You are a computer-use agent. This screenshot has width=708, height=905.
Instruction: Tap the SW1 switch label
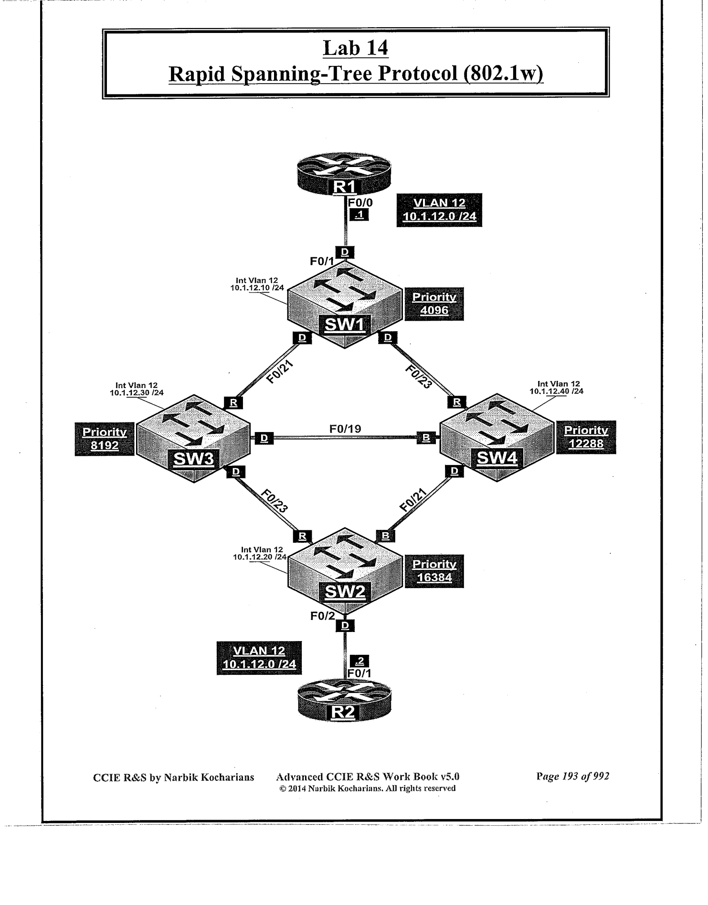point(345,325)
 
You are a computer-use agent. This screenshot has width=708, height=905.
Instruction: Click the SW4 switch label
point(497,458)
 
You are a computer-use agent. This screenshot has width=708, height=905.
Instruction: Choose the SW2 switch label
point(345,592)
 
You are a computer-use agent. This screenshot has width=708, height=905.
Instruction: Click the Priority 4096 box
point(434,304)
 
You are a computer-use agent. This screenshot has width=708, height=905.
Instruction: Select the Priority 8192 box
point(104,439)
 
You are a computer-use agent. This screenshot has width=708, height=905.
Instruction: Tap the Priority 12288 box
point(586,437)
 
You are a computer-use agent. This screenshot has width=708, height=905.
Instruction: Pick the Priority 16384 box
point(434,571)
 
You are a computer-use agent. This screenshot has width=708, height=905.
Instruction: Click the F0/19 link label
point(345,429)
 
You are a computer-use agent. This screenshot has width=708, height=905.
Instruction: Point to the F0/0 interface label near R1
point(361,202)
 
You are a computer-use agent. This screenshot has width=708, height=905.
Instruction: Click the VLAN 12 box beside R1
point(439,210)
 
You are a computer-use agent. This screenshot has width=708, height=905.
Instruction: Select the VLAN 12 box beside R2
point(259,658)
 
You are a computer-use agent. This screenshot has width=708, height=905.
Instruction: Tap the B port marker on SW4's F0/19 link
point(426,438)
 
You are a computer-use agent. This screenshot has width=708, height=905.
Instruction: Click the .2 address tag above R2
point(360,661)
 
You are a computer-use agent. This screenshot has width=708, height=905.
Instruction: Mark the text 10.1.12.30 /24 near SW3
point(137,392)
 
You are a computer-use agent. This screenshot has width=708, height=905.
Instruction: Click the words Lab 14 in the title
point(356,48)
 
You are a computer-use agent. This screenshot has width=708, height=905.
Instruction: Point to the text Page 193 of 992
point(572,777)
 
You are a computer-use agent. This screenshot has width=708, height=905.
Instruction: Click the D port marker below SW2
point(345,625)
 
